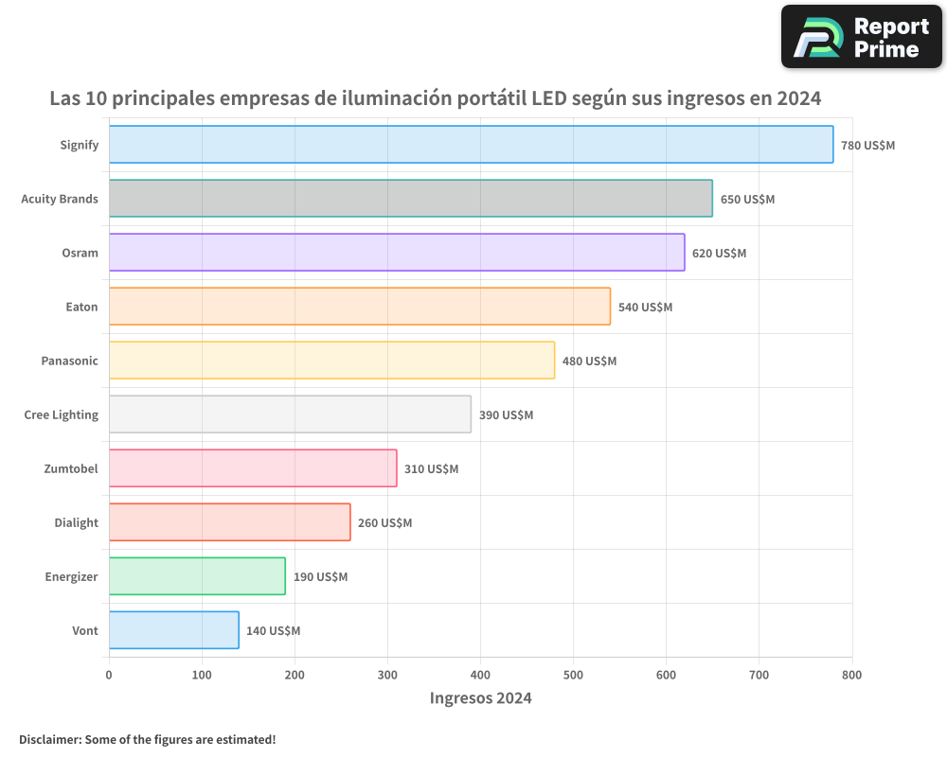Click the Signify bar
tap(471, 145)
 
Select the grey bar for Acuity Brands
tap(410, 199)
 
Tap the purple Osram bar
tap(396, 253)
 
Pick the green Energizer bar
tap(197, 576)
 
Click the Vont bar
tap(173, 630)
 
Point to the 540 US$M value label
tap(645, 308)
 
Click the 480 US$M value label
tap(589, 361)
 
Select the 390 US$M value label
tap(506, 415)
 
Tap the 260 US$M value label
tap(384, 523)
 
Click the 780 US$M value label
tap(867, 146)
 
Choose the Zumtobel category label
tap(70, 469)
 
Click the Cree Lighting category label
tap(61, 415)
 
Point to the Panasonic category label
tap(69, 361)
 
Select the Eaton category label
tap(81, 308)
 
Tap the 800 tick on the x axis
tap(851, 676)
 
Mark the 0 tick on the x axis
tap(109, 676)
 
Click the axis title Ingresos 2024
tap(480, 699)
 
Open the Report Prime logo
tap(861, 37)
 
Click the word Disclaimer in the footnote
tap(49, 740)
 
